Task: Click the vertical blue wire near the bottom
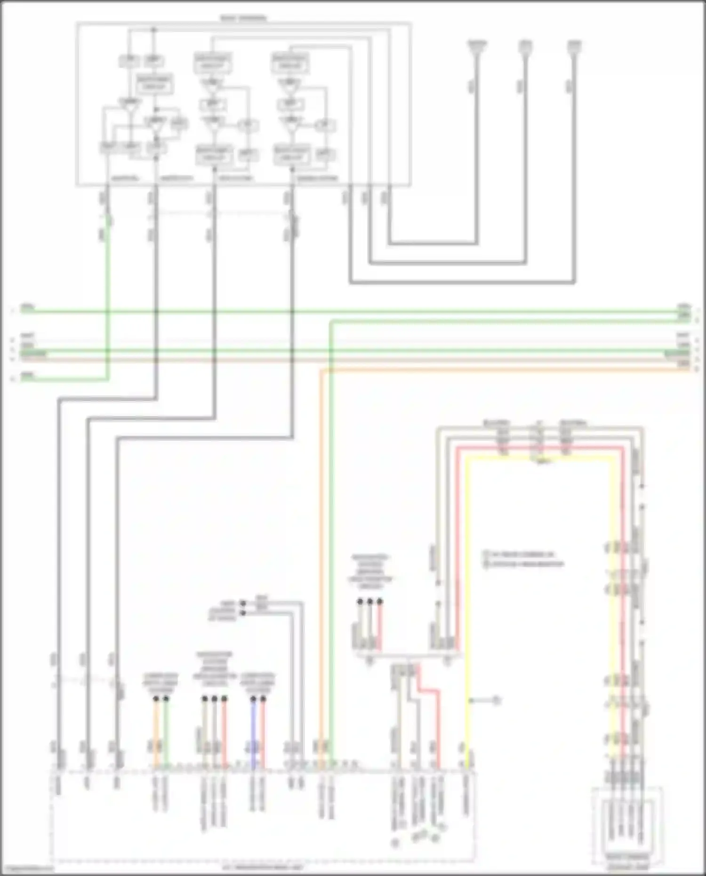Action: click(253, 734)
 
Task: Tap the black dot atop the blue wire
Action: click(253, 699)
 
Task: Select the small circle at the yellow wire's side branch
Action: click(496, 701)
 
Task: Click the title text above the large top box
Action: click(243, 19)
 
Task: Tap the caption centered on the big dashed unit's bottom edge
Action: click(263, 867)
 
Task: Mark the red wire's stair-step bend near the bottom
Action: click(428, 691)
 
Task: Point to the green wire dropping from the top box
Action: click(108, 301)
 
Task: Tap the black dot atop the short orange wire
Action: click(156, 699)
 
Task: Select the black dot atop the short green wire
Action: click(166, 699)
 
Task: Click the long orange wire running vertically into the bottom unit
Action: click(321, 565)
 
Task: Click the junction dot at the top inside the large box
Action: click(153, 30)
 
